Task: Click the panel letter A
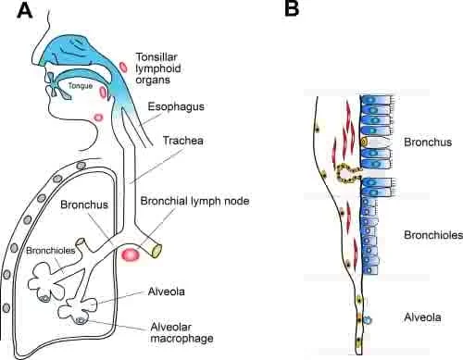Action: (x=25, y=11)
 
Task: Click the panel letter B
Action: (x=292, y=8)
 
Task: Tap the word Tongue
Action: (x=81, y=86)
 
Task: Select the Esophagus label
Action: (x=176, y=106)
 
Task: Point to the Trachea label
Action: (x=182, y=141)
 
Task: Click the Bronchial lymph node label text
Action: (x=194, y=201)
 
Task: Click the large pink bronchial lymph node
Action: (x=131, y=254)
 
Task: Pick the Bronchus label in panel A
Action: (x=84, y=205)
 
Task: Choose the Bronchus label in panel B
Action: (x=428, y=143)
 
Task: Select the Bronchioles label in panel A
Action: (x=51, y=251)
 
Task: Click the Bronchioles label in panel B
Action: (x=433, y=235)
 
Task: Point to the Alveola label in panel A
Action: (x=166, y=292)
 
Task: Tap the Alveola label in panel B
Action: (x=422, y=317)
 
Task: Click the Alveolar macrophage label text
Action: (x=181, y=332)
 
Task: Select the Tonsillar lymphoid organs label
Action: (x=158, y=68)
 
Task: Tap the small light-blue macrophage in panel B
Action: (x=368, y=320)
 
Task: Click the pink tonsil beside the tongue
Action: (x=103, y=92)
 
